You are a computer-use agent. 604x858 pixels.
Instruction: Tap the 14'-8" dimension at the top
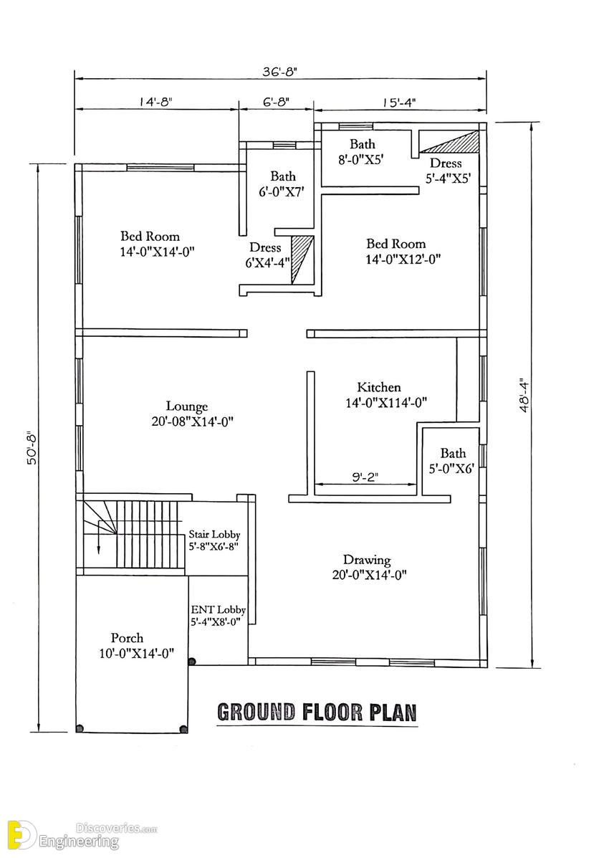click(155, 102)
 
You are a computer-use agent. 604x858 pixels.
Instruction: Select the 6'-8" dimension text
click(276, 102)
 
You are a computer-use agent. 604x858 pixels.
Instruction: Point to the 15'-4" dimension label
click(399, 103)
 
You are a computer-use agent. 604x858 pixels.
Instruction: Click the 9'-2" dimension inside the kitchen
click(365, 477)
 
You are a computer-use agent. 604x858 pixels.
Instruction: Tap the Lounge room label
click(187, 406)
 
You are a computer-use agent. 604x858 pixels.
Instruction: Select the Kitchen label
click(379, 387)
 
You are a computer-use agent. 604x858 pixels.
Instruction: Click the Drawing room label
click(367, 560)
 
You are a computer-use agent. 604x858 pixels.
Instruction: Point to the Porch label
click(127, 637)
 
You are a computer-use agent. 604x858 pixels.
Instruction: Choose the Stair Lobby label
click(214, 534)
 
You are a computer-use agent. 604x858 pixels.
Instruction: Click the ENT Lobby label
click(219, 609)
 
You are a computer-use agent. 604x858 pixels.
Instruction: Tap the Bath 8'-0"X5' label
click(363, 151)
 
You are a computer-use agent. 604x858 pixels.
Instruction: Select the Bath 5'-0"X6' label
click(454, 461)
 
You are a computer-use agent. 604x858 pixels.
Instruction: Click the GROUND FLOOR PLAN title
click(317, 712)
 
